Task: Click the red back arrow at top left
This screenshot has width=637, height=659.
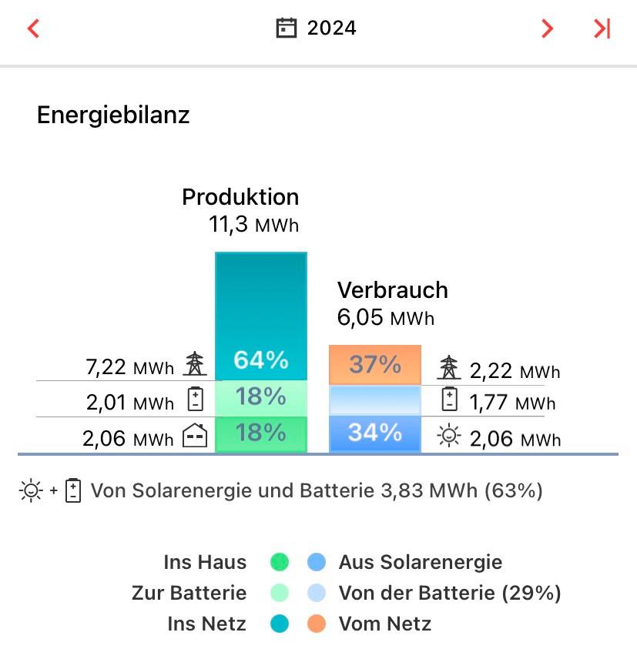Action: pos(32,29)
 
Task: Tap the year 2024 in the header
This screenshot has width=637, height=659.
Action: pos(331,28)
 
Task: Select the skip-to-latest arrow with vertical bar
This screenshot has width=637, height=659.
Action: pos(602,29)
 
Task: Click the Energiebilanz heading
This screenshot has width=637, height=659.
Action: pos(113,115)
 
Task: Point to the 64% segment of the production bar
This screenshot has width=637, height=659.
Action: pos(260,360)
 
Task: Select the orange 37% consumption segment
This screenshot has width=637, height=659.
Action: pos(375,364)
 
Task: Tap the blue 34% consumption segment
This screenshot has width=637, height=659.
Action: pos(375,433)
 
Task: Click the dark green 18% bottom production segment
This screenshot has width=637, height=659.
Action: pos(260,433)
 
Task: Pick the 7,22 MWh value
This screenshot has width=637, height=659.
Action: pos(129,367)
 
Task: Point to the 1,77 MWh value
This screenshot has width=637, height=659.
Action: pos(512,403)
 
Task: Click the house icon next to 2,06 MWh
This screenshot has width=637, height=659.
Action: pos(195,437)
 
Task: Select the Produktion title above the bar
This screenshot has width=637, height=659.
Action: pos(240,197)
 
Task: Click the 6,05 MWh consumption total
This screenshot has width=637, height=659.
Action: pos(386,317)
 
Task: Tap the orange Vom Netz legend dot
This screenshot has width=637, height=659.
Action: pos(317,624)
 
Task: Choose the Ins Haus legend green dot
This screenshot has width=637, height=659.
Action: pos(280,563)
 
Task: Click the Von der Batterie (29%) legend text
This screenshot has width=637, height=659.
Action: pos(450,593)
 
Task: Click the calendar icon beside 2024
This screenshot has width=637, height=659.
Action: pos(287,28)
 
